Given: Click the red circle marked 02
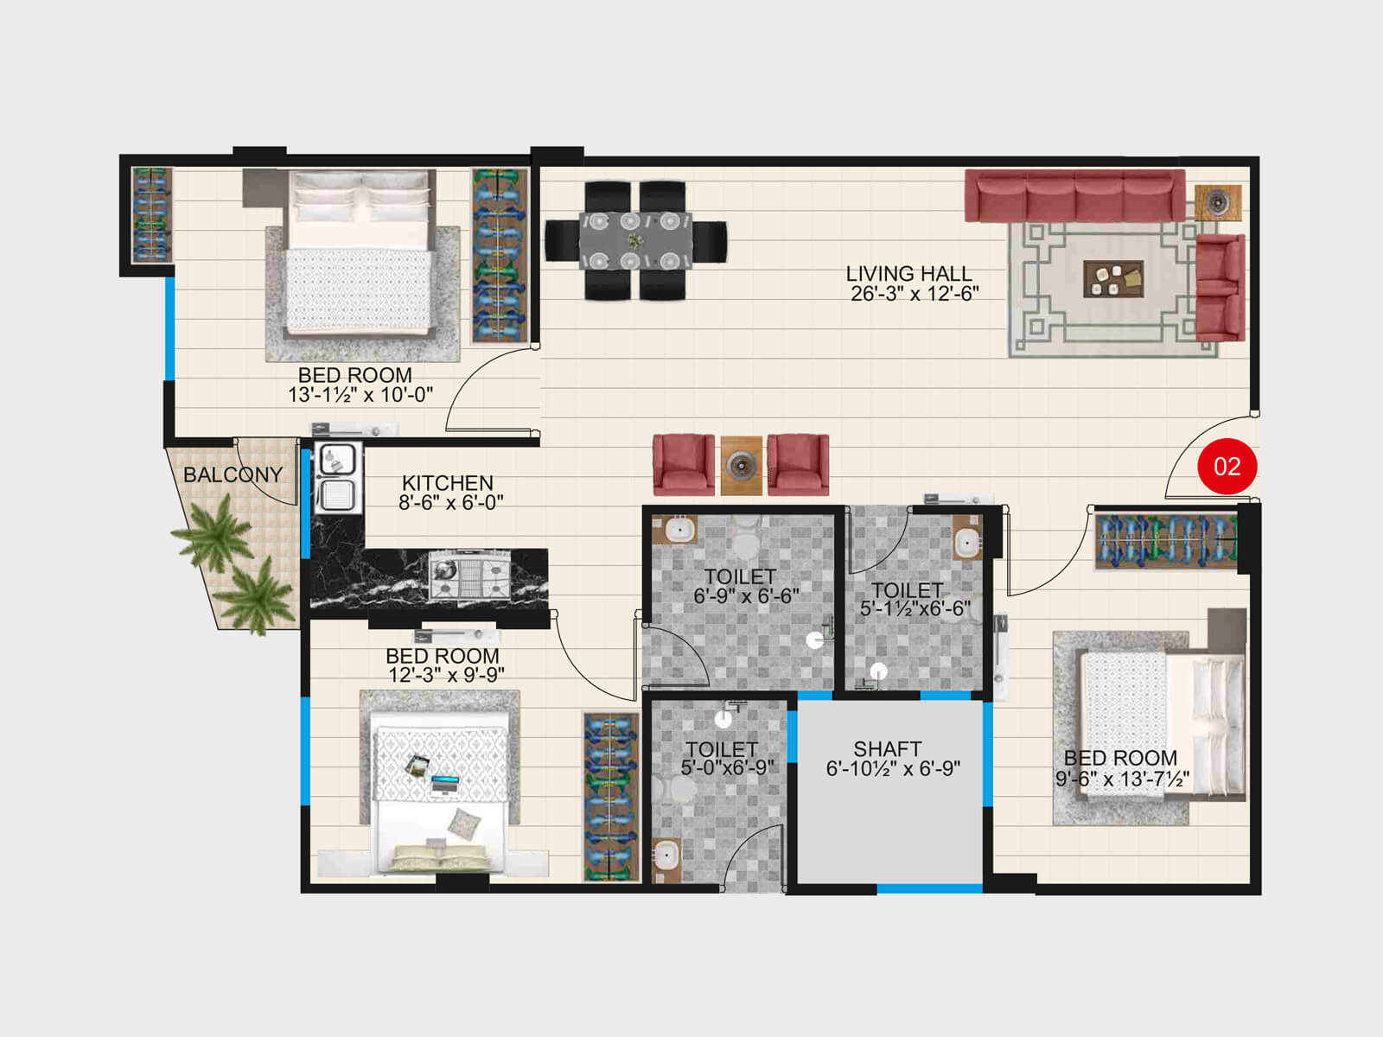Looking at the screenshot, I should pyautogui.click(x=1227, y=467).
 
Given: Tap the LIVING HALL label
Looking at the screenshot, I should pyautogui.click(x=908, y=274).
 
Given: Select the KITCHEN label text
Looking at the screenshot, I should pyautogui.click(x=447, y=483).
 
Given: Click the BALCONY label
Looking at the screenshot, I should pyautogui.click(x=233, y=474).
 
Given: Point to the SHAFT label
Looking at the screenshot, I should pyautogui.click(x=887, y=748).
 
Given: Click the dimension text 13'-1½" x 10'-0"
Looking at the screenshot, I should pyautogui.click(x=360, y=395).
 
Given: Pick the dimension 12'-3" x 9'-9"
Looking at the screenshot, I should pyautogui.click(x=446, y=675).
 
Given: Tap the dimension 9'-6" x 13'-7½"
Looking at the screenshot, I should pyautogui.click(x=1121, y=779).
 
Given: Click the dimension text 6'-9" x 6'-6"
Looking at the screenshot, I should pyautogui.click(x=746, y=596).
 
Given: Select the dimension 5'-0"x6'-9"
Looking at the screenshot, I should pyautogui.click(x=727, y=767).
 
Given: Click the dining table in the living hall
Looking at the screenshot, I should pyautogui.click(x=635, y=240).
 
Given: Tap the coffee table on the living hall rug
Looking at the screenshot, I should pyautogui.click(x=1113, y=279).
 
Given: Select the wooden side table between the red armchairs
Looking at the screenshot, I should pyautogui.click(x=741, y=466).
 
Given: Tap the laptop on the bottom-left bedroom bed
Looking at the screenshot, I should pyautogui.click(x=445, y=785).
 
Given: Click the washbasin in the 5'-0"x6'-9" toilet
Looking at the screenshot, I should pyautogui.click(x=666, y=857).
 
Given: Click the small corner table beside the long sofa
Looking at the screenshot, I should pyautogui.click(x=1217, y=203).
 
